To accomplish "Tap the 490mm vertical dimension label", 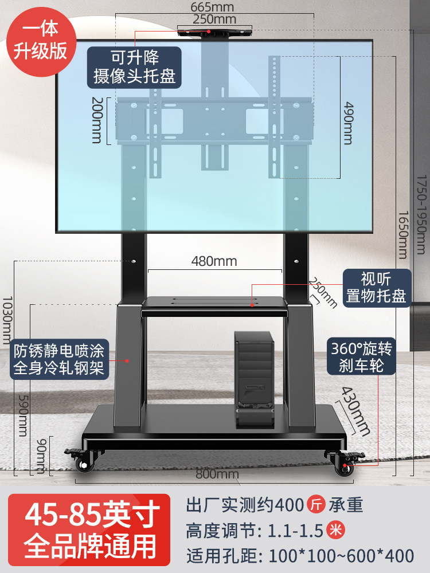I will pyautogui.click(x=348, y=123).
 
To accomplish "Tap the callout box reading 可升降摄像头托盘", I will pyautogui.click(x=134, y=67).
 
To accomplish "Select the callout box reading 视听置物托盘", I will pyautogui.click(x=376, y=288).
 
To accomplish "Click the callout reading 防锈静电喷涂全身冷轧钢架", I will pyautogui.click(x=59, y=358).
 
